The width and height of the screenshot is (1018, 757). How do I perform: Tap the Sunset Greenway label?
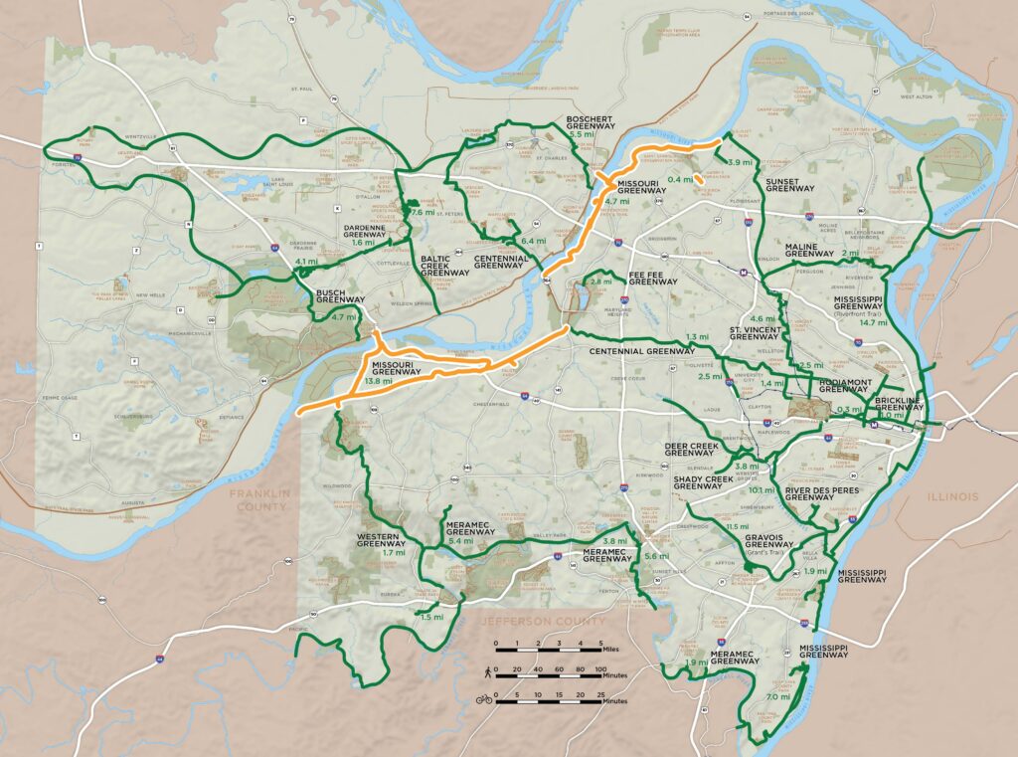(790, 183)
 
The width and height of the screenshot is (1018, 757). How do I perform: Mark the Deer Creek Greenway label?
(689, 450)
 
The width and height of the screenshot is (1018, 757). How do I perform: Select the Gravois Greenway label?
(768, 542)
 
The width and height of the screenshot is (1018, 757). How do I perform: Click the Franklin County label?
(257, 499)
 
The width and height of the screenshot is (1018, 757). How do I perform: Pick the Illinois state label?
(953, 496)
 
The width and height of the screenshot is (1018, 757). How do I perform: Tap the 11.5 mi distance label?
(737, 526)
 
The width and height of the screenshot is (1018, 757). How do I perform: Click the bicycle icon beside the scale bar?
(484, 698)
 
